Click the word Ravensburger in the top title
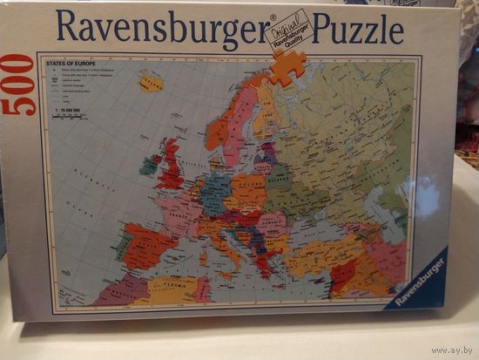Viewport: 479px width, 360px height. coord(161,30)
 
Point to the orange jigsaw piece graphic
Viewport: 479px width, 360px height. coord(287,67)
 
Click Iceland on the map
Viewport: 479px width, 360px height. coord(150,84)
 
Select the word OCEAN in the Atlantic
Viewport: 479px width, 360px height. coord(86,210)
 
